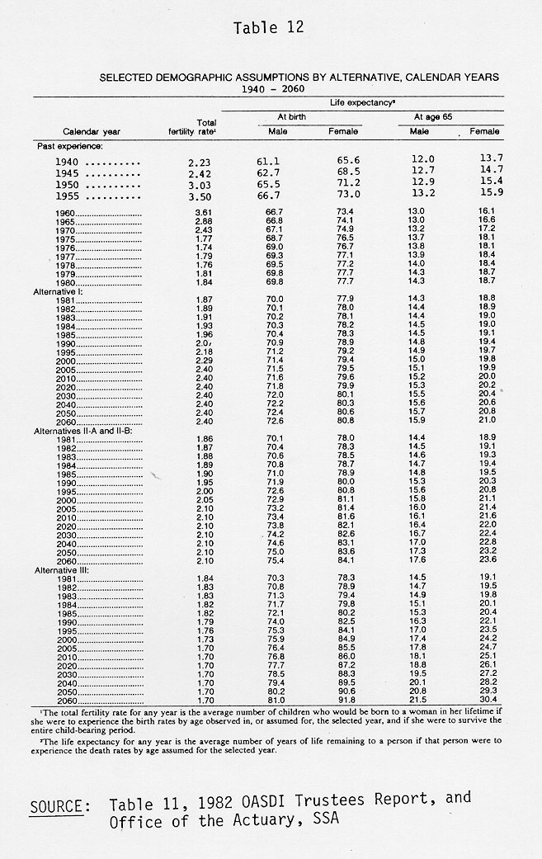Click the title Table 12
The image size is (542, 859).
269,28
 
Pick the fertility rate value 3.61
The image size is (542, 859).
191,213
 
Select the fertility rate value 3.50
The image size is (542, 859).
191,196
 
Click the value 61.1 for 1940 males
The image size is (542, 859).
275,162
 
